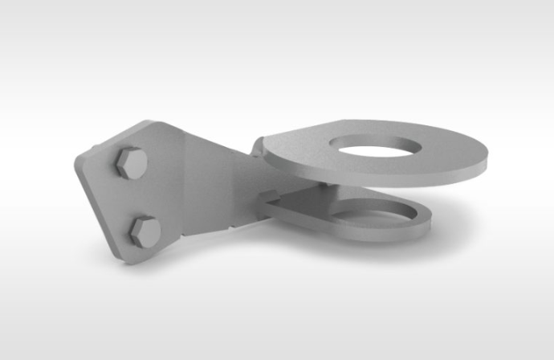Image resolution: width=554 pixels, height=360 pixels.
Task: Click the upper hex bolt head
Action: pyautogui.click(x=129, y=164)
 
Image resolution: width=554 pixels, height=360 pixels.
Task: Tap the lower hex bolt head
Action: pyautogui.click(x=145, y=230)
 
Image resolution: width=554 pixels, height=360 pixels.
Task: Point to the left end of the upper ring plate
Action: pyautogui.click(x=259, y=148)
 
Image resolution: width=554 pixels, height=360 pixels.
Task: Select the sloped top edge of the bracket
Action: pyautogui.click(x=209, y=140)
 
